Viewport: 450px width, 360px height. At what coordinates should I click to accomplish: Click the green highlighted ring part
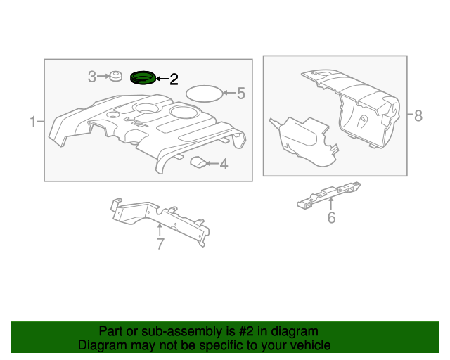click(x=143, y=77)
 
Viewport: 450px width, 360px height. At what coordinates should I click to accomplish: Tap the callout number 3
click(x=92, y=77)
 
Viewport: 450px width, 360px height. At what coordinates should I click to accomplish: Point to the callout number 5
click(x=240, y=93)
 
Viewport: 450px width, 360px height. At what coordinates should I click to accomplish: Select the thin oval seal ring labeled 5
click(x=203, y=92)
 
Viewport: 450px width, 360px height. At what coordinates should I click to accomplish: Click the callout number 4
click(x=224, y=165)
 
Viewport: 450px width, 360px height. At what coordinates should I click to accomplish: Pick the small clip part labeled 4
click(x=199, y=162)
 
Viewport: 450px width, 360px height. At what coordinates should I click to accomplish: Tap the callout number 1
click(x=32, y=122)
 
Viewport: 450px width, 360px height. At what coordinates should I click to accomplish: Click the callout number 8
click(x=418, y=115)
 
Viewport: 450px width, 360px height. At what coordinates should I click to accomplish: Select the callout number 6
click(x=331, y=218)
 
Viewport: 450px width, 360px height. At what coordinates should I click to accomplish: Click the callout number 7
click(x=160, y=244)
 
